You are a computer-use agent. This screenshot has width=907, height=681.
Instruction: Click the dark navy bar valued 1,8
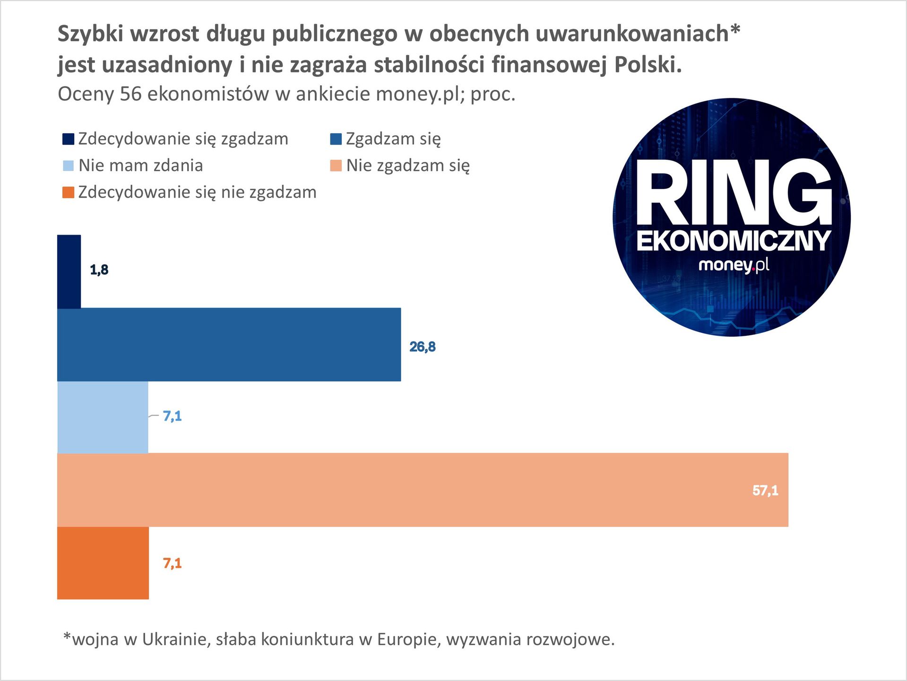pyautogui.click(x=69, y=271)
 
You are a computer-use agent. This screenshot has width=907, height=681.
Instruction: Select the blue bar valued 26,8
pyautogui.click(x=229, y=345)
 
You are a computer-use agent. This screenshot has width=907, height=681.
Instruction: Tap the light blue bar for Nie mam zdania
pyautogui.click(x=103, y=417)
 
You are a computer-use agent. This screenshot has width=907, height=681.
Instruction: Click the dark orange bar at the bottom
pyautogui.click(x=103, y=563)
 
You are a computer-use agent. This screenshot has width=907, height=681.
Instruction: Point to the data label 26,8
pyautogui.click(x=423, y=347)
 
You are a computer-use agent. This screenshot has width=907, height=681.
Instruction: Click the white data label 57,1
pyautogui.click(x=765, y=490)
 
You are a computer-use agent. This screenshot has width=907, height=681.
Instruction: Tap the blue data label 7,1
pyautogui.click(x=172, y=416)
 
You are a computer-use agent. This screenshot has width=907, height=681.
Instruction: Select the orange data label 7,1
pyautogui.click(x=172, y=563)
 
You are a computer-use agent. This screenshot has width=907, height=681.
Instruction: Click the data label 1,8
pyautogui.click(x=99, y=270)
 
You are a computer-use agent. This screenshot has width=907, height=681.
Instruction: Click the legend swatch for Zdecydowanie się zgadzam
pyautogui.click(x=69, y=139)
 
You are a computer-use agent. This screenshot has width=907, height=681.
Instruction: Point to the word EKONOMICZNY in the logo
pyautogui.click(x=733, y=241)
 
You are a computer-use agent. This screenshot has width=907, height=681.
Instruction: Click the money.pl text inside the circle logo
pyautogui.click(x=733, y=265)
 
